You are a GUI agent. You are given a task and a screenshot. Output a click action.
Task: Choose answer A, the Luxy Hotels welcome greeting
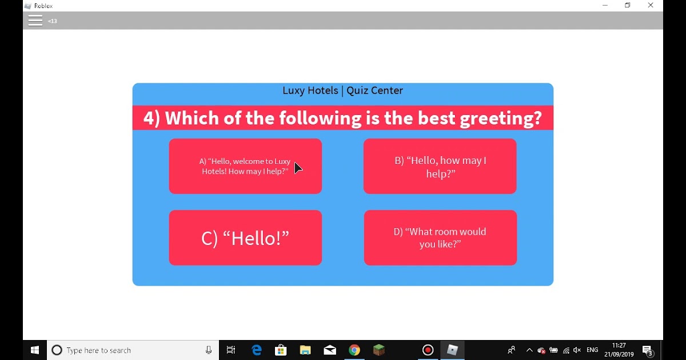coord(245,166)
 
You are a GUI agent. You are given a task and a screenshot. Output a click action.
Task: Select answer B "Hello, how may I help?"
coord(440,166)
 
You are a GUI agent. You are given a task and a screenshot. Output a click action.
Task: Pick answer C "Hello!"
coord(245,238)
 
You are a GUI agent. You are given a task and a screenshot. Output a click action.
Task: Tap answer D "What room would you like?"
coord(440,238)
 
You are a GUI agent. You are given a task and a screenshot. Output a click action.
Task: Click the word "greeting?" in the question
coord(501,119)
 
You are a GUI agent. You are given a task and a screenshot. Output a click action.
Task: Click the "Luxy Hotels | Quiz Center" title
coord(342,91)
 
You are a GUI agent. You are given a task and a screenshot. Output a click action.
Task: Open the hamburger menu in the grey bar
coord(35,21)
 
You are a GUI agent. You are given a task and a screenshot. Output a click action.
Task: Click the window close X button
coord(651,5)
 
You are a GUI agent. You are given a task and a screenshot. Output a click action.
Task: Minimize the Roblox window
coord(605,5)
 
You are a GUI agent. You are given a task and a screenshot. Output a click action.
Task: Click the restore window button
coord(628,5)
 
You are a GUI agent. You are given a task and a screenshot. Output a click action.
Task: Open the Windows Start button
coord(35,350)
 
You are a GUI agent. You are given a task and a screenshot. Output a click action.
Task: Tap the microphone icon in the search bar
coord(209,350)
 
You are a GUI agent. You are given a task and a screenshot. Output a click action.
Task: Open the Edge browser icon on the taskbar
coord(256,350)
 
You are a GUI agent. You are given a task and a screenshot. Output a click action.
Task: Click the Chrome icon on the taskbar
coord(354,350)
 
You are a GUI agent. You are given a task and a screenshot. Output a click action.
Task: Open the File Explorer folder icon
coord(305,350)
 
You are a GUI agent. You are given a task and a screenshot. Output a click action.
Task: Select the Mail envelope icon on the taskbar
coord(330,350)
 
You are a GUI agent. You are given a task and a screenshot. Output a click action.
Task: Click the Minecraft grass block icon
coord(379,350)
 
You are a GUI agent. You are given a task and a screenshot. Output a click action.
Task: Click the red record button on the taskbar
coord(428,350)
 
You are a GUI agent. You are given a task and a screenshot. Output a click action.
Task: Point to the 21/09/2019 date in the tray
coord(619,354)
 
